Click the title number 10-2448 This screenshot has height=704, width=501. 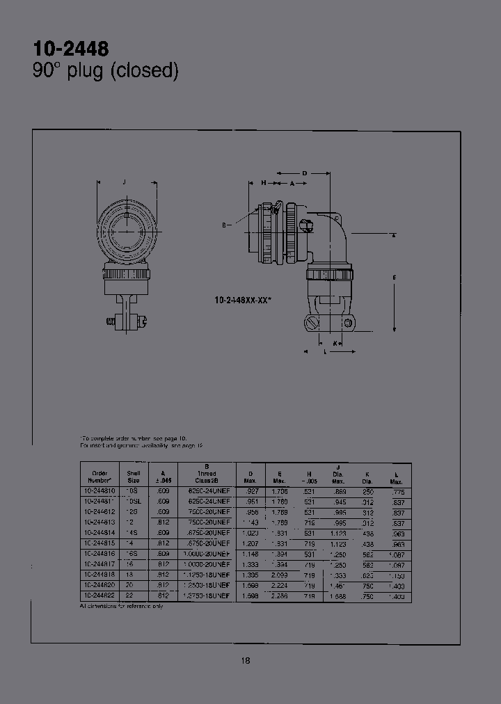(71, 49)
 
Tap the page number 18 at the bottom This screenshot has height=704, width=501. (246, 661)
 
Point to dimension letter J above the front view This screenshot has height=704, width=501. (124, 182)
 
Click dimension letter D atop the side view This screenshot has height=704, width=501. (305, 173)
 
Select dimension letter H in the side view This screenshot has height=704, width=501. (264, 182)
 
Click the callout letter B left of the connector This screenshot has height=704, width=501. (224, 225)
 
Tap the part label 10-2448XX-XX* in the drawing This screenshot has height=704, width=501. (244, 300)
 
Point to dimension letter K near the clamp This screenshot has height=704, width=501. (335, 343)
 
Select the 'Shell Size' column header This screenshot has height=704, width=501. (133, 477)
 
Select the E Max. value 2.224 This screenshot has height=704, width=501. (280, 585)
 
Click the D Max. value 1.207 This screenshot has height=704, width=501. (249, 543)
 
